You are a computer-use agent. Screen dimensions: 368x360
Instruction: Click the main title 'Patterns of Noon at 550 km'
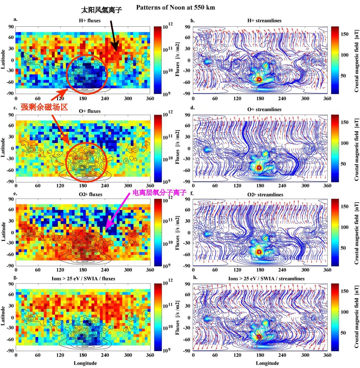[175, 7]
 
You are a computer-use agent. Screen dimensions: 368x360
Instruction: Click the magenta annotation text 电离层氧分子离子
[157, 193]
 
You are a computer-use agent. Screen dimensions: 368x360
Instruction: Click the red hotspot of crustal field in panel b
[258, 79]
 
